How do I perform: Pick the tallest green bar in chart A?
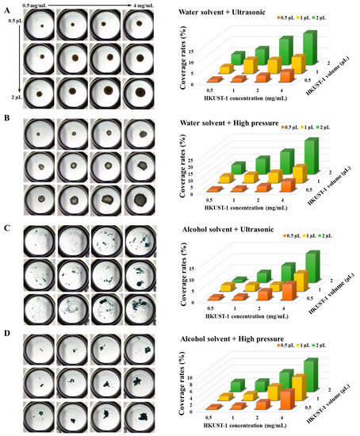pos(309,48)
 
